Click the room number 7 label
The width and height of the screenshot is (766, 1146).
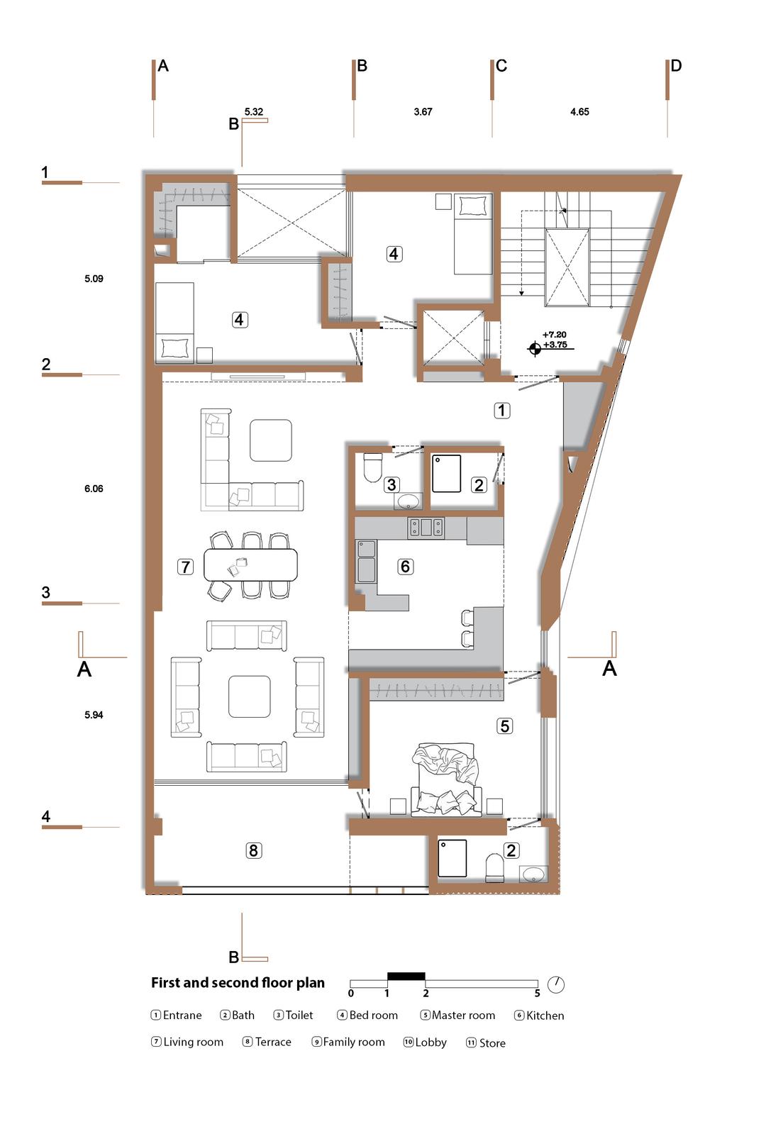tap(185, 567)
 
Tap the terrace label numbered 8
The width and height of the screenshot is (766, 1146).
tap(253, 850)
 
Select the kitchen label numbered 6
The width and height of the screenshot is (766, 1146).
tap(405, 567)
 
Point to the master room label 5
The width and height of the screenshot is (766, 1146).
tap(504, 726)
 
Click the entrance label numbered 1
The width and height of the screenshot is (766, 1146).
tap(501, 411)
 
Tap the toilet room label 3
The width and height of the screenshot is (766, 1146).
tap(392, 484)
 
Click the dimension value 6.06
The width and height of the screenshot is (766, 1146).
tap(94, 489)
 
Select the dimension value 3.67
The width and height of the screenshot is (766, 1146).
tap(423, 111)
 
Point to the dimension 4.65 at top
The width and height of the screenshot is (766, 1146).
tap(579, 111)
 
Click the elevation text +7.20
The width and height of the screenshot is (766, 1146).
tap(555, 335)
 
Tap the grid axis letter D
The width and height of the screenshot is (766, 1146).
tap(676, 66)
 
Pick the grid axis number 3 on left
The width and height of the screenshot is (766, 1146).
tap(46, 592)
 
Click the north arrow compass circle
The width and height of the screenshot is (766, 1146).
tap(555, 984)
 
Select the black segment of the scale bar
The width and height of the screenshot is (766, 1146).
tap(406, 976)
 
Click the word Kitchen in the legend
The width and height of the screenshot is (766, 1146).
tap(545, 1016)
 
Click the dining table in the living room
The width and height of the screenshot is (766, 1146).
tap(251, 564)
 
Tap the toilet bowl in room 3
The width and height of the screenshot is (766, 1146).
tap(372, 467)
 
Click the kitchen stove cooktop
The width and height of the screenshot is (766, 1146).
tap(426, 528)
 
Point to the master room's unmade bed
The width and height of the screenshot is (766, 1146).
tap(445, 779)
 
